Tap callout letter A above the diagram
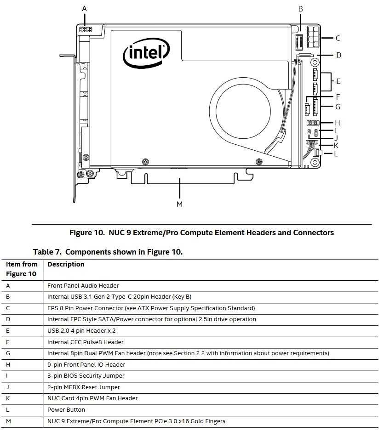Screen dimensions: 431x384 click(x=84, y=8)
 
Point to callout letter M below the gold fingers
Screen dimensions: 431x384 click(x=179, y=204)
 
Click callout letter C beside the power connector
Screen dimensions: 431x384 click(x=338, y=38)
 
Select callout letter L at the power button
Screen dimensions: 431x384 click(x=336, y=154)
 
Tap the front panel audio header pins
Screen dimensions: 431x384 click(x=86, y=29)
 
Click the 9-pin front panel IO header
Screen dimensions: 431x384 click(x=313, y=123)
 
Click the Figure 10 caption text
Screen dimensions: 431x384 click(x=201, y=233)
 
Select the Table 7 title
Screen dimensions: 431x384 click(x=108, y=252)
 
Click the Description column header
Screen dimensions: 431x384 click(x=66, y=264)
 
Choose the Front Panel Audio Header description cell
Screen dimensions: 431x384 click(x=83, y=285)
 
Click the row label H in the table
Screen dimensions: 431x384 click(x=8, y=364)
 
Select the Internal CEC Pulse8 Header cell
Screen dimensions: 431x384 click(x=85, y=342)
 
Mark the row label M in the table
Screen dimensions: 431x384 click(x=9, y=421)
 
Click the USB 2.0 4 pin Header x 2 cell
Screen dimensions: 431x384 click(x=81, y=330)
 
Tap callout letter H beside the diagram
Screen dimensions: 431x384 click(x=337, y=123)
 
